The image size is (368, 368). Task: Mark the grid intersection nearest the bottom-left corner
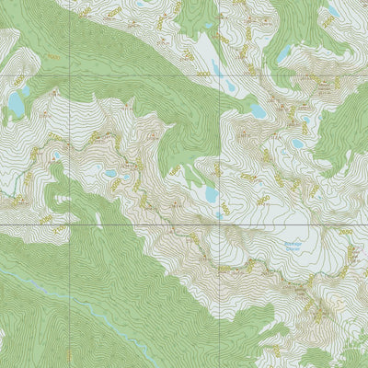point(68,224)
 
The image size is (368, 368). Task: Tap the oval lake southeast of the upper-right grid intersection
point(259,110)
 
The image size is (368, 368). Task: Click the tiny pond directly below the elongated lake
point(218,213)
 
